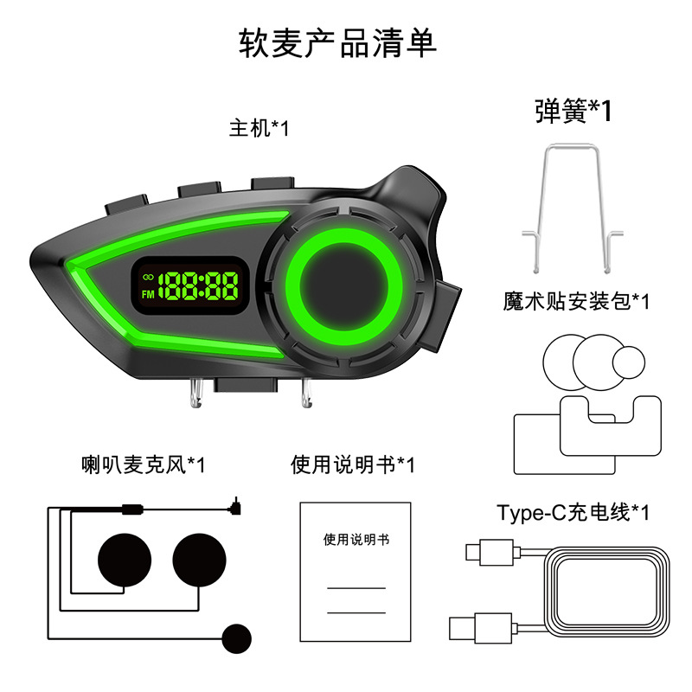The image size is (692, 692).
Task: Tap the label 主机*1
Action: coord(259,128)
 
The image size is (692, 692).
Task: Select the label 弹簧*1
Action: coord(573,111)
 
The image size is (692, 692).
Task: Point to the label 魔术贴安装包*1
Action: coord(576,301)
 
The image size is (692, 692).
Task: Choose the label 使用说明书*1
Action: coord(352,465)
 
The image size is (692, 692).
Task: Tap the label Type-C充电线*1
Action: coord(573,512)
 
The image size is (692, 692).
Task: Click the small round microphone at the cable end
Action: coord(234,638)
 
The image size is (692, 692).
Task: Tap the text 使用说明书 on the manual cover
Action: coord(356,540)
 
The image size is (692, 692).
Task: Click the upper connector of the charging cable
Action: coord(477,552)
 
